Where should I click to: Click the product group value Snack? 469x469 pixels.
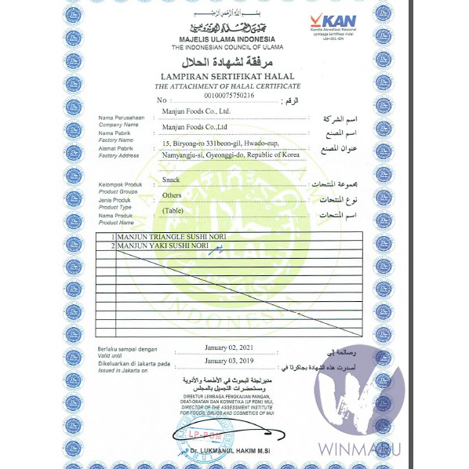coord(171,180)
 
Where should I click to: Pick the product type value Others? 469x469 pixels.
coord(172,195)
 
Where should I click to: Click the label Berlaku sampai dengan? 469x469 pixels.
coord(127,349)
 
